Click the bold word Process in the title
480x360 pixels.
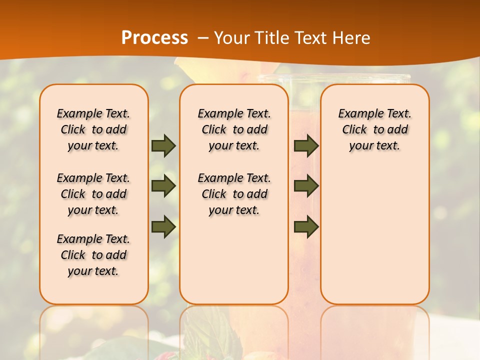[x=154, y=37]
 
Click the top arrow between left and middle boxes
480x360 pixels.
[x=163, y=146]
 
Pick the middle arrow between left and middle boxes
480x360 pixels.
[x=163, y=186]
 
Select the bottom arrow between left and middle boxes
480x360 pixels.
[x=163, y=226]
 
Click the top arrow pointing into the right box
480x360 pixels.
[x=306, y=146]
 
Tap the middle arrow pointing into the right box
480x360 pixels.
[x=306, y=186]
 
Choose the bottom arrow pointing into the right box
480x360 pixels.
[x=306, y=226]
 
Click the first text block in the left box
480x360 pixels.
[x=93, y=129]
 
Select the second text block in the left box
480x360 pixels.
[x=93, y=194]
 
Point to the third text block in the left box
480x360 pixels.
[x=93, y=255]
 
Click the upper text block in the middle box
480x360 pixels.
[x=234, y=129]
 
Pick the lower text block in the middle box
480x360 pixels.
[x=234, y=194]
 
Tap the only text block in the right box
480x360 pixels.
[x=374, y=129]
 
